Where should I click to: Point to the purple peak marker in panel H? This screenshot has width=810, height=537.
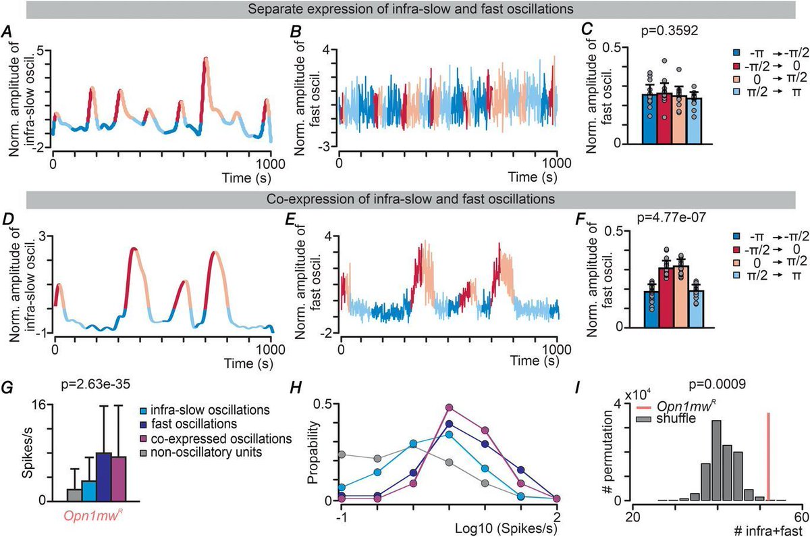(x=449, y=408)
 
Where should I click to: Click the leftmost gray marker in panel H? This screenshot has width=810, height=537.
(x=342, y=455)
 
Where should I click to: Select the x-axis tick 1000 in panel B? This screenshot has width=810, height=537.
(x=555, y=163)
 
